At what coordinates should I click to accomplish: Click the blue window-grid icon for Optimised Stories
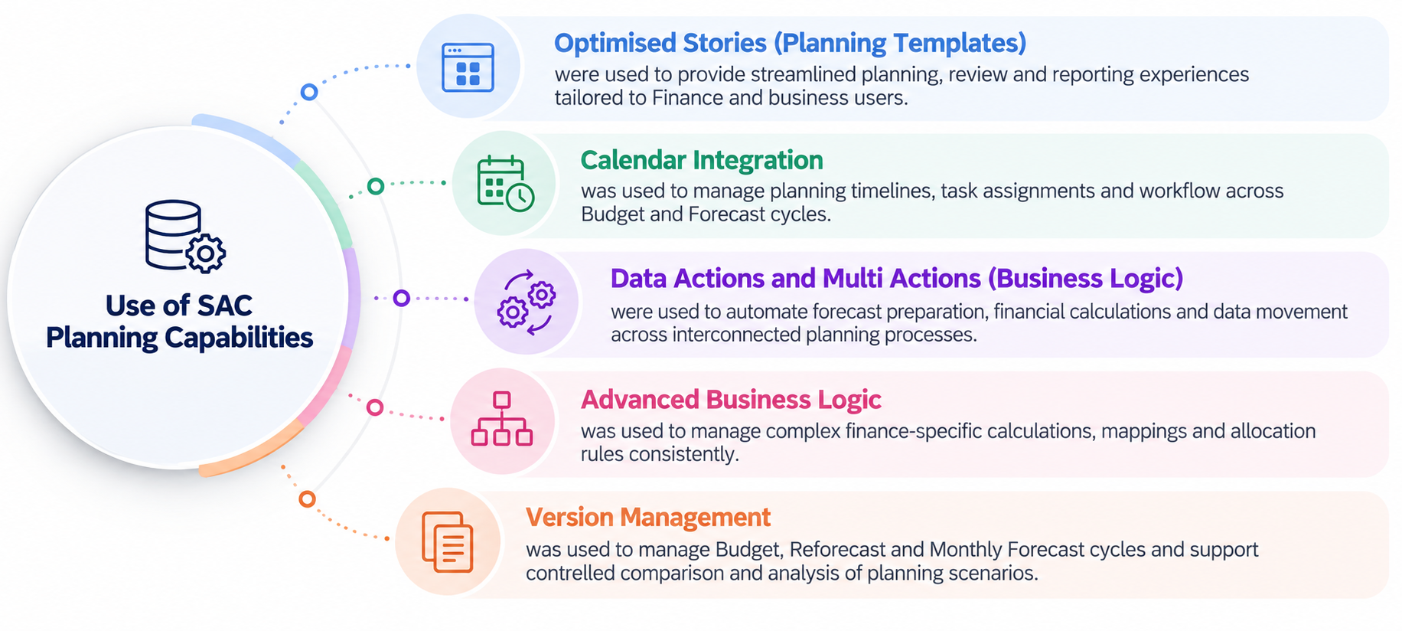pos(468,67)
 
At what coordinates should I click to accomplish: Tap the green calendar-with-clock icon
pos(505,184)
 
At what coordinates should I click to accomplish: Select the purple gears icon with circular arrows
pos(527,302)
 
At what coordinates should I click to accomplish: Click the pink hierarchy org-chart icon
pos(501,419)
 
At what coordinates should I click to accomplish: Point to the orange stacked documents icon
pos(447,541)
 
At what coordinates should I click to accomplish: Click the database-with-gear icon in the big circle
pos(184,237)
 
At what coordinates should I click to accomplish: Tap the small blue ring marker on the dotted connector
pos(309,92)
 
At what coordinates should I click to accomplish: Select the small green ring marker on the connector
pos(376,186)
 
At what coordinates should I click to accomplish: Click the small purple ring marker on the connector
pos(401,298)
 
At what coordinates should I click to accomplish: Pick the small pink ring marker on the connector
pos(375,407)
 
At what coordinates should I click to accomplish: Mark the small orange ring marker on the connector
pos(307,499)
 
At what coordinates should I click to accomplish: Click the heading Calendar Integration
pos(702,160)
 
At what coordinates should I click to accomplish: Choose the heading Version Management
pos(648,518)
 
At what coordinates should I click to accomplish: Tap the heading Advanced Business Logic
pos(731,400)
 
